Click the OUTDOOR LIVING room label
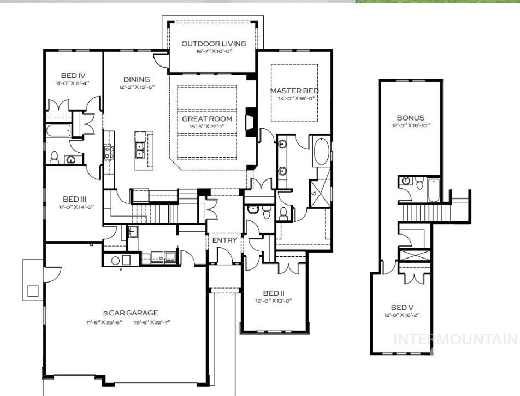point(214,44)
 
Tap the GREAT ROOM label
point(207,118)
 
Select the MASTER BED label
point(294,91)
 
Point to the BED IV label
point(73,76)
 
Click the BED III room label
point(75,199)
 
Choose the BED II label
point(274,293)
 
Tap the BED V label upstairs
point(402,308)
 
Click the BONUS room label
point(411,117)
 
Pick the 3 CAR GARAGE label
point(131,313)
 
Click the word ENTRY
point(224,240)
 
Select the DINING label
point(137,80)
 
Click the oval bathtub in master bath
point(321,152)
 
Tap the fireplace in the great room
point(250,122)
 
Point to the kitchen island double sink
point(140,149)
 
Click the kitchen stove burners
point(109,152)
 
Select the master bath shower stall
point(320,194)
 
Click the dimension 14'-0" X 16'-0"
point(296,98)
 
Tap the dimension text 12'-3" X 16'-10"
point(411,125)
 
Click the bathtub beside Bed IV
point(58,130)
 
